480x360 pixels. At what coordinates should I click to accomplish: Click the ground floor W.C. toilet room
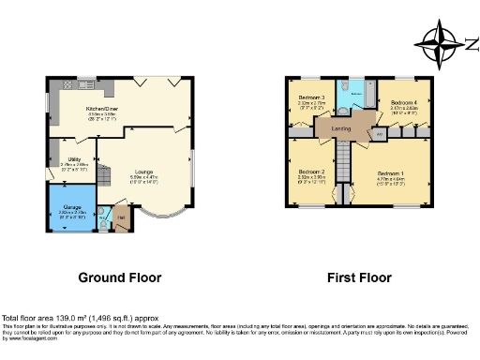pos(105,223)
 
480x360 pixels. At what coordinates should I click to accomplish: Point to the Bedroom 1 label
pos(391,174)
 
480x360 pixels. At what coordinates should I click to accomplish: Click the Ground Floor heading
pos(119,277)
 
